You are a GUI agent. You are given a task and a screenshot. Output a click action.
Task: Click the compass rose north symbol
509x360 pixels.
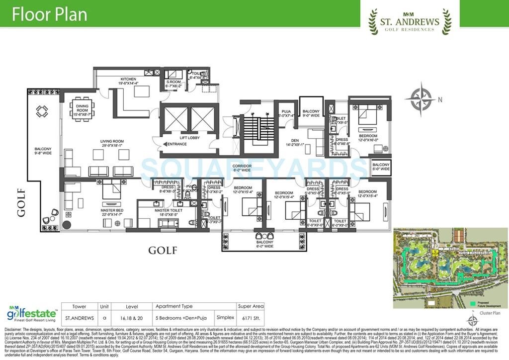tap(421, 99)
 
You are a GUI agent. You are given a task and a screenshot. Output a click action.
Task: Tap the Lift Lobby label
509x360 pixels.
tap(190, 138)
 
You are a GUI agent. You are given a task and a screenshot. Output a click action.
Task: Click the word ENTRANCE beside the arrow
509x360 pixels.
tap(177, 144)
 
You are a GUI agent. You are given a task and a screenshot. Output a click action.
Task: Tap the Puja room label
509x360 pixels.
tap(285, 114)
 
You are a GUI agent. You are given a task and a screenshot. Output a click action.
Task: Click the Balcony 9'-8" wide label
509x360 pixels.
tap(44, 151)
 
